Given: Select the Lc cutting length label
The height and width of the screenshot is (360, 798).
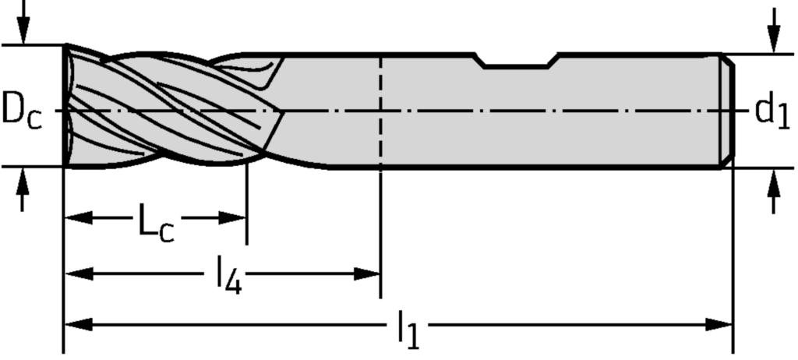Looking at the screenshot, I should point(157,221).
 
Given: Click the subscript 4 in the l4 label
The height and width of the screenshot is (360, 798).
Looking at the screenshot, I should point(234,283).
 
